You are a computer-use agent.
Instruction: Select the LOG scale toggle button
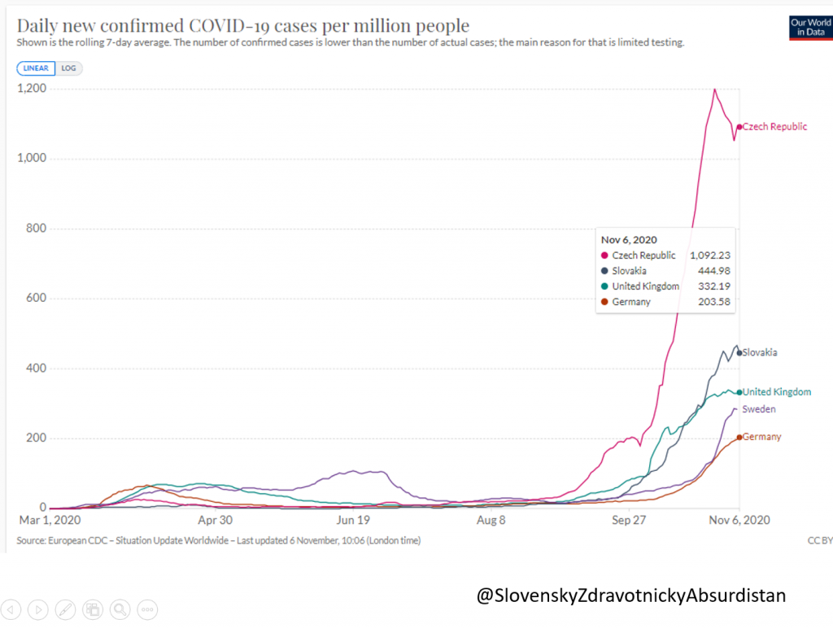(69, 68)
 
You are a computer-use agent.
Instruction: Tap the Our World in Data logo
(809, 28)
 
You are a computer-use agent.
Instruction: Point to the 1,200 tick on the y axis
(33, 89)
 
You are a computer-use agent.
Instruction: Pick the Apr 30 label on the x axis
(216, 519)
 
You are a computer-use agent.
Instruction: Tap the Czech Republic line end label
(774, 127)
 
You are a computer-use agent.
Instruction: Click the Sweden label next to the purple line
(758, 409)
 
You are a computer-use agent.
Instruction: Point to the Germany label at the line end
(761, 437)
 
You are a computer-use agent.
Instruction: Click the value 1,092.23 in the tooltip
(710, 255)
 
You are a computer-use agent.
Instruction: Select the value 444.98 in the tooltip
(715, 271)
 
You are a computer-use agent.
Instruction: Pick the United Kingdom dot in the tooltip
(605, 286)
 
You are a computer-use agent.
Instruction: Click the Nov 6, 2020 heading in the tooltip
(629, 239)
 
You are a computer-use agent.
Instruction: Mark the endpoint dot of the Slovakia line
(739, 353)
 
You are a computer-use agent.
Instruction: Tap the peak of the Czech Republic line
(714, 89)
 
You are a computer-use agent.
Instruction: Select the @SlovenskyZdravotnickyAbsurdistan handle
(631, 595)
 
